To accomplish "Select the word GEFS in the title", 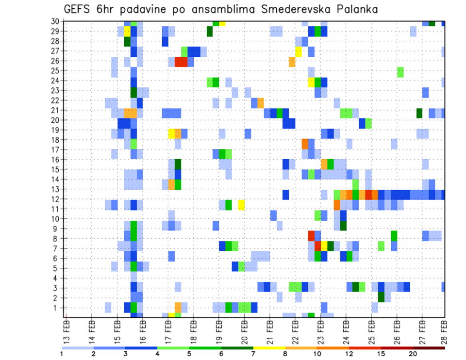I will (79, 10).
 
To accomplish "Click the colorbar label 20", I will (413, 354).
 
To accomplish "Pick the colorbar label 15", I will (381, 354).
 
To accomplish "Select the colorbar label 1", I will (62, 354).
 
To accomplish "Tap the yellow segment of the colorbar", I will (269, 347).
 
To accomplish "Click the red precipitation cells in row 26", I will (181, 62).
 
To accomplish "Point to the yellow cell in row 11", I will (241, 204).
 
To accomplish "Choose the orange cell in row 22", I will (261, 102).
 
